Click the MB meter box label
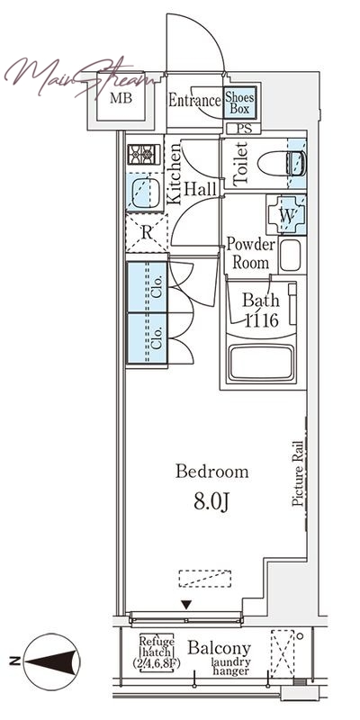(x=121, y=98)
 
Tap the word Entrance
(x=194, y=101)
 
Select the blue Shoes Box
(x=239, y=102)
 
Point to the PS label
(x=244, y=129)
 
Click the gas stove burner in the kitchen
(x=144, y=154)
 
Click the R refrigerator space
(x=147, y=233)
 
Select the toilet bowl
(x=282, y=164)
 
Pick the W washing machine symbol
(x=286, y=214)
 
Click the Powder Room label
(x=251, y=254)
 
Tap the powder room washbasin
(x=290, y=255)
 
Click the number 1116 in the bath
(x=261, y=320)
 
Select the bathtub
(x=261, y=363)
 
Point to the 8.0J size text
(x=211, y=503)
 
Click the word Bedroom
(x=212, y=472)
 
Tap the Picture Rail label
(x=298, y=473)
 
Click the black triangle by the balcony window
(x=186, y=605)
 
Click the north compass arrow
(x=51, y=661)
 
